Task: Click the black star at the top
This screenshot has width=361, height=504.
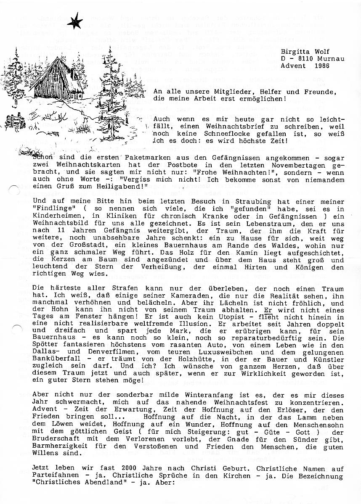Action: click(74, 20)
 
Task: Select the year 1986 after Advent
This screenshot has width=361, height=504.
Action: click(321, 66)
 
